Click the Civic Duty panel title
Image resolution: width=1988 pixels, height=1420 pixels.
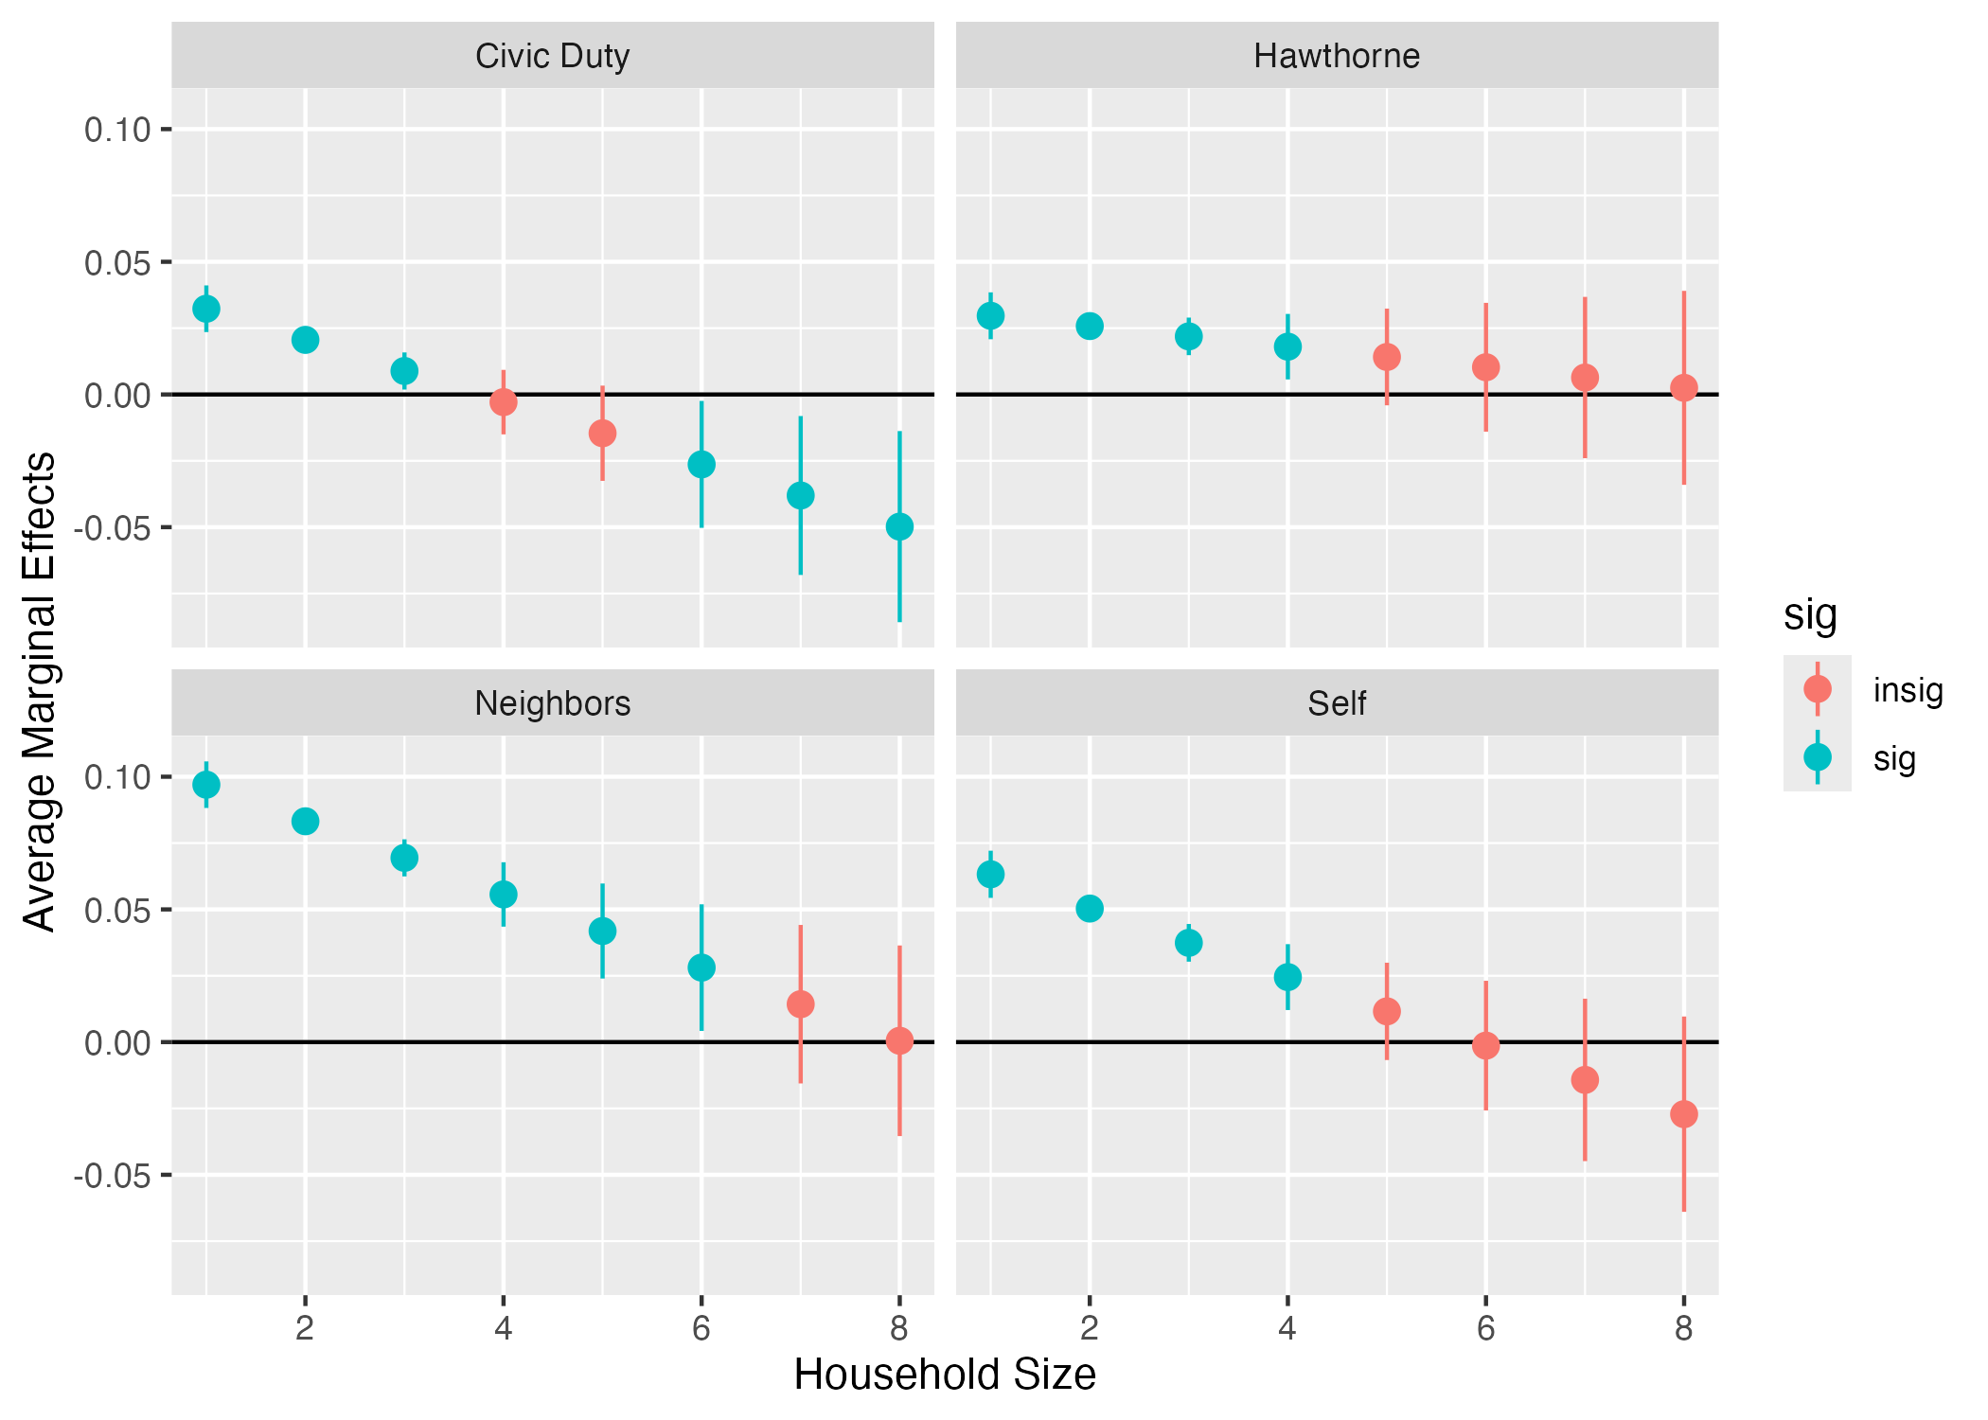tap(552, 56)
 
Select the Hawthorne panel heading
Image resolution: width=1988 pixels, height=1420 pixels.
tap(1336, 56)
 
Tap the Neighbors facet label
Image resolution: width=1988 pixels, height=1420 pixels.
tap(552, 703)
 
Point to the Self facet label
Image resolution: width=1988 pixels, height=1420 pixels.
tap(1336, 703)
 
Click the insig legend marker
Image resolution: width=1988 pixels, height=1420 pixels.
tap(1817, 688)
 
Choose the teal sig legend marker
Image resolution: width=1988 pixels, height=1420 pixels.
tap(1817, 757)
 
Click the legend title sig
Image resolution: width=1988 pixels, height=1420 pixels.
tap(1809, 614)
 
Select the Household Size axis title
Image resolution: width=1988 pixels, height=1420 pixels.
tap(944, 1375)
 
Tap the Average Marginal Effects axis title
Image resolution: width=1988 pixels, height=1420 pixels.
tap(40, 691)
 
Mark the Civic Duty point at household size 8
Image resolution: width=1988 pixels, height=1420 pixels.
tap(899, 526)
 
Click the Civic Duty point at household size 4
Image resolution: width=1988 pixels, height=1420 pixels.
tap(504, 402)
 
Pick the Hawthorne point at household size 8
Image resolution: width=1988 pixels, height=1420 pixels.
tap(1683, 387)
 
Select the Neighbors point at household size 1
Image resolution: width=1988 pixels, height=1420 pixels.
tap(206, 785)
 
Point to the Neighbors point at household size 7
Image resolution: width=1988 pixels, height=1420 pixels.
tap(800, 1003)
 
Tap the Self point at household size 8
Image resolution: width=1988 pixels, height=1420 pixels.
tap(1683, 1114)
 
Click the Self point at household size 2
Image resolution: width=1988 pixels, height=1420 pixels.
tap(1090, 909)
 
